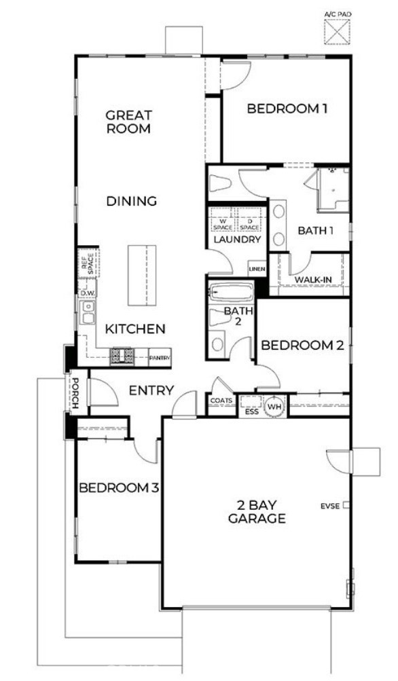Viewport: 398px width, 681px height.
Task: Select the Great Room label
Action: tap(128, 122)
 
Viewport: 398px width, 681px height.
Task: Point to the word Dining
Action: tap(132, 201)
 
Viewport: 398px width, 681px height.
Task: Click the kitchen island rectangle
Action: tap(140, 276)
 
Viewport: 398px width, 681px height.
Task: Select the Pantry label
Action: tap(160, 356)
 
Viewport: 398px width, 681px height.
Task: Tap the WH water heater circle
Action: tap(274, 407)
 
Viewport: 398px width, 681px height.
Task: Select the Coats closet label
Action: tap(221, 401)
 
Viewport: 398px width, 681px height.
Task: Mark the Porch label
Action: tap(76, 394)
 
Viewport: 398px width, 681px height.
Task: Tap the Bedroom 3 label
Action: tap(120, 487)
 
